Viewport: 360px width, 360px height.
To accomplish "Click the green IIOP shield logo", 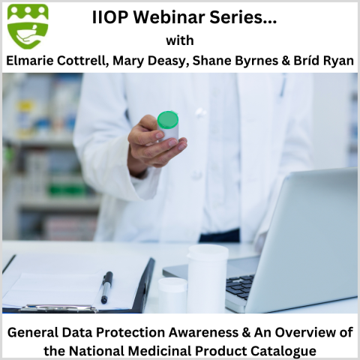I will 28,26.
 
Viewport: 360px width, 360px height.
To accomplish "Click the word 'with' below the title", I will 180,40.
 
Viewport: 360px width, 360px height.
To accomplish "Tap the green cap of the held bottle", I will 167,120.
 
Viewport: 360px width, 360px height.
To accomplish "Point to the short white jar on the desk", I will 172,294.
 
